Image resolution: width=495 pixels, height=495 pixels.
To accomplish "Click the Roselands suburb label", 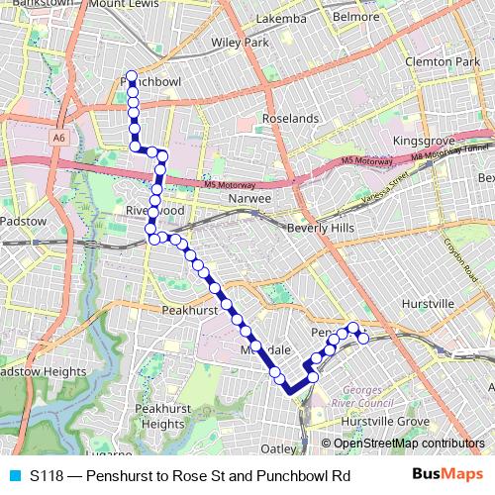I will [290, 118].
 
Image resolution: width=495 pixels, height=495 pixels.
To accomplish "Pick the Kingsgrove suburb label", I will [426, 142].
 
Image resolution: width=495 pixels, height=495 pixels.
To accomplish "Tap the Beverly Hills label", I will [320, 228].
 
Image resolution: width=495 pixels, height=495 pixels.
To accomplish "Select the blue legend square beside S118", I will [13, 475].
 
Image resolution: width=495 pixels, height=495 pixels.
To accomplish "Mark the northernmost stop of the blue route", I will [131, 76].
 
